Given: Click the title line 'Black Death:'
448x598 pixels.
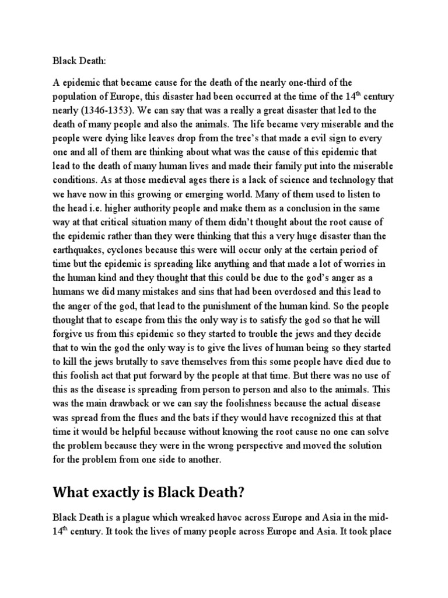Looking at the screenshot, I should (76, 59).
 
